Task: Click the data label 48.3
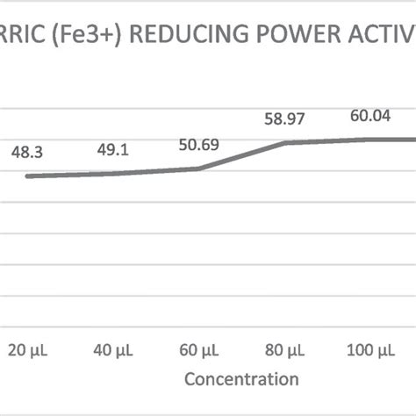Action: (28, 152)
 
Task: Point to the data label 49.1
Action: (112, 149)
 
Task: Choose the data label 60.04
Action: (369, 114)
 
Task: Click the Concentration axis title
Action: (240, 380)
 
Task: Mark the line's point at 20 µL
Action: (28, 176)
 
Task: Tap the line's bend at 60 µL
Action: (197, 169)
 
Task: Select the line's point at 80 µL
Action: (283, 142)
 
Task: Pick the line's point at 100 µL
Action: (369, 139)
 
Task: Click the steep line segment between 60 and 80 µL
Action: (240, 155)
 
